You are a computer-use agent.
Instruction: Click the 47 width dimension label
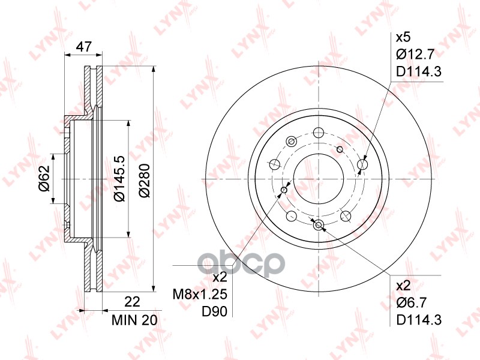click(x=83, y=47)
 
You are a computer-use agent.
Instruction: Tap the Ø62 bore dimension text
click(x=44, y=178)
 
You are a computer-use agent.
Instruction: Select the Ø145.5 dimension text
click(x=119, y=178)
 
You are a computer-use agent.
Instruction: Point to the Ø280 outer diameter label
click(x=145, y=181)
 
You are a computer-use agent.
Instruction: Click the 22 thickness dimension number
click(x=132, y=302)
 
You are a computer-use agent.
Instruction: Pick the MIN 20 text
click(x=134, y=320)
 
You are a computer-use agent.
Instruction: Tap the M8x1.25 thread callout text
click(x=200, y=295)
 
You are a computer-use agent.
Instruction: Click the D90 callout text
click(x=214, y=312)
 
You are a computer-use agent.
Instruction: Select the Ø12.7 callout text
click(x=415, y=55)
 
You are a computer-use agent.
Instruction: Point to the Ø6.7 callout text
click(x=412, y=303)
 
